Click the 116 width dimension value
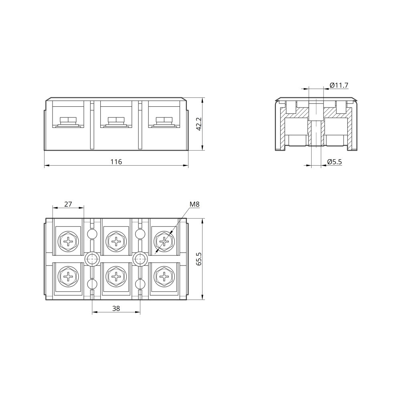click(x=116, y=162)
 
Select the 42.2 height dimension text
click(x=199, y=124)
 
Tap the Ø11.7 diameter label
click(x=339, y=85)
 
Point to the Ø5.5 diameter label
click(x=334, y=162)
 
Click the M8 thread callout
click(x=194, y=205)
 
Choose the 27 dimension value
click(x=68, y=204)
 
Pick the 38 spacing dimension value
click(x=116, y=308)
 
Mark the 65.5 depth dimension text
click(x=199, y=259)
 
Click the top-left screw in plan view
click(x=68, y=241)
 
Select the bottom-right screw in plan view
click(x=164, y=276)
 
